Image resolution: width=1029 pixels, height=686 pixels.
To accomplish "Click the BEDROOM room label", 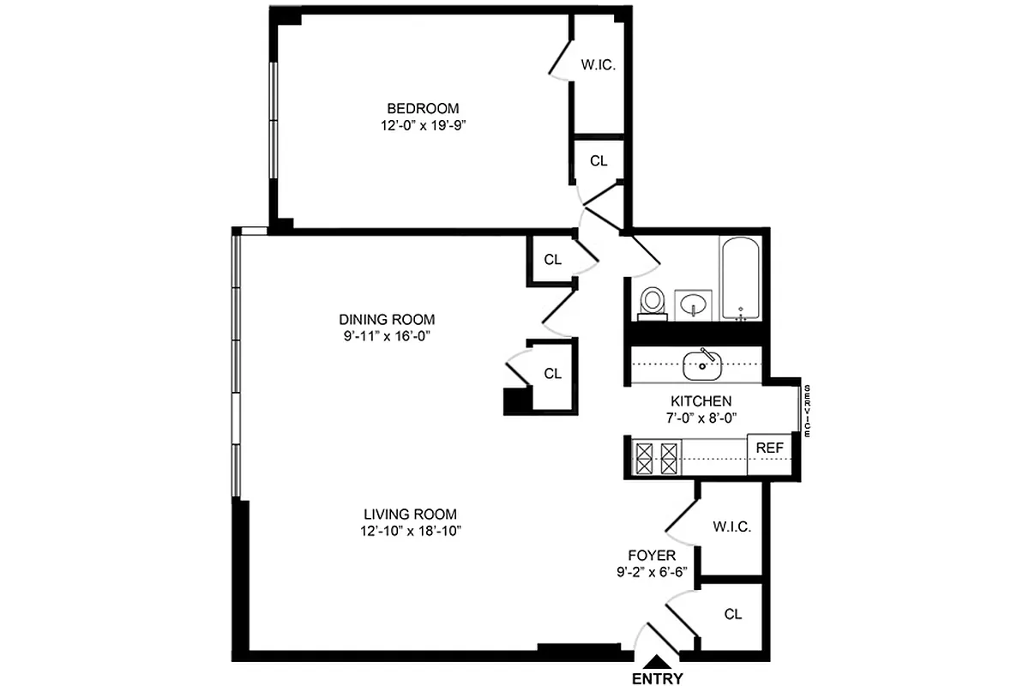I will pos(423,109).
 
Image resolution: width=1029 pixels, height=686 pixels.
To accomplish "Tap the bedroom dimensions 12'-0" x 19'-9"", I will pos(423,125).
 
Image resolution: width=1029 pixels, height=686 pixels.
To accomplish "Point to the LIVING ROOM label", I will pos(409,514).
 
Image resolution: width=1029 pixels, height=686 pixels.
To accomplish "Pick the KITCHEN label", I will pos(701,401).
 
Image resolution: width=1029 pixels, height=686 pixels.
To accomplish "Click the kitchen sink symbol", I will pos(703,364).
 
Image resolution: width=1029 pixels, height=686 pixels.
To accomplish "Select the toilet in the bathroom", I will pos(653,301).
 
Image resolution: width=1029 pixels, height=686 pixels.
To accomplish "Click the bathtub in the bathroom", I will pos(740,278).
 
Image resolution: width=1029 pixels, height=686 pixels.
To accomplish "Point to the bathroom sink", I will pos(694,304).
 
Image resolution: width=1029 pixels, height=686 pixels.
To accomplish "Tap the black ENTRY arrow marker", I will pos(657,661).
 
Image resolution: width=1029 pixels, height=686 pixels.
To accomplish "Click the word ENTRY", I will pos(657,679).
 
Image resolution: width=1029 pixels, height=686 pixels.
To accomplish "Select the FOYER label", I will pos(652,556).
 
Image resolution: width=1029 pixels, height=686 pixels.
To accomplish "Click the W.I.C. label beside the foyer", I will pos(731,527).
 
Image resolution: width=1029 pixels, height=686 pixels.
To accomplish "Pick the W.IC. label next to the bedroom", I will pos(598,65).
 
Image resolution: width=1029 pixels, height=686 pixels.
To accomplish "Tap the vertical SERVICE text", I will pos(807,407).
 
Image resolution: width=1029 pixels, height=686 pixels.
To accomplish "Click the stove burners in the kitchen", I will pos(656,457).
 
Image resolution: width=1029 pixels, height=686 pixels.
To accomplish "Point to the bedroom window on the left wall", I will pos(273,120).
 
